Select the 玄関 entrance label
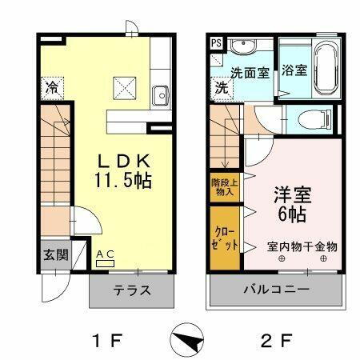pyautogui.click(x=56, y=254)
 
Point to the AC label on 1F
pyautogui.click(x=106, y=254)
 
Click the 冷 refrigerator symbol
pyautogui.click(x=53, y=86)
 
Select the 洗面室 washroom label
pyautogui.click(x=250, y=71)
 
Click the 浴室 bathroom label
pyautogui.click(x=294, y=70)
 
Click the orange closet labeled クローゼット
pyautogui.click(x=224, y=238)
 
